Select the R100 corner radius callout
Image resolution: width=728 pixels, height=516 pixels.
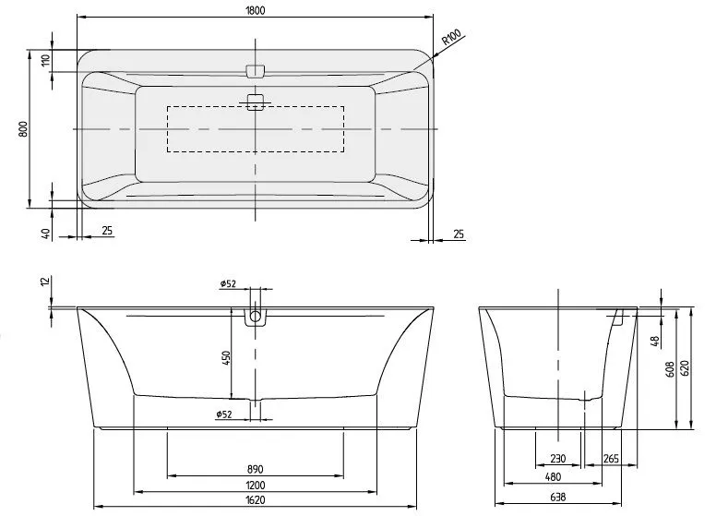pyautogui.click(x=451, y=38)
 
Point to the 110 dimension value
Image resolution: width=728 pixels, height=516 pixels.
pyautogui.click(x=44, y=61)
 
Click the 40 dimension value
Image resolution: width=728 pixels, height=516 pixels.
pyautogui.click(x=44, y=232)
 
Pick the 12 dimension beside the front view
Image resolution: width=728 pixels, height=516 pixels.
pyautogui.click(x=44, y=282)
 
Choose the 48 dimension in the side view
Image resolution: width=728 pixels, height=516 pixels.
pyautogui.click(x=655, y=341)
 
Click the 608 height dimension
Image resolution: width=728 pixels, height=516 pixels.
pyautogui.click(x=670, y=369)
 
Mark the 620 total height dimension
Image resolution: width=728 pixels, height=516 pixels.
pyautogui.click(x=685, y=366)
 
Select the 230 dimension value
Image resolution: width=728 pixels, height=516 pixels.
pyautogui.click(x=557, y=459)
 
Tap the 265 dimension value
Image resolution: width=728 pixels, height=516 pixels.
pyautogui.click(x=611, y=459)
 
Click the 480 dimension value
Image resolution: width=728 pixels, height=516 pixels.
pyautogui.click(x=552, y=477)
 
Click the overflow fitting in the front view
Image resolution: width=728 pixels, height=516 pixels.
pyautogui.click(x=256, y=318)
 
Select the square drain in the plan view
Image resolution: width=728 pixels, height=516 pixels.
pyautogui.click(x=256, y=102)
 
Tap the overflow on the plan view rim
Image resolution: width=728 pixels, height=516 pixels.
pyautogui.click(x=256, y=70)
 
